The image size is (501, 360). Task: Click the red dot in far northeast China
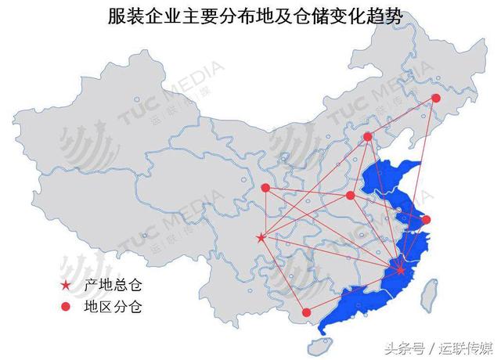pyautogui.click(x=437, y=99)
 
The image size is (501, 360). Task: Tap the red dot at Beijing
pyautogui.click(x=367, y=137)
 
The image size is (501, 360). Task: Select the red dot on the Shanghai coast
pyautogui.click(x=426, y=220)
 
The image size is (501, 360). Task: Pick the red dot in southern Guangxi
pyautogui.click(x=306, y=312)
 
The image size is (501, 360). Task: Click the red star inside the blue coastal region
pyautogui.click(x=401, y=270)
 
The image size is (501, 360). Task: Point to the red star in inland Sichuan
pyautogui.click(x=261, y=237)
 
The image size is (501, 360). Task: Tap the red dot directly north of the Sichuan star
pyautogui.click(x=265, y=188)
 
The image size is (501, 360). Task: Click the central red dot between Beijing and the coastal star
pyautogui.click(x=350, y=195)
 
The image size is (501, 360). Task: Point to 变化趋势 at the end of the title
pyautogui.click(x=360, y=17)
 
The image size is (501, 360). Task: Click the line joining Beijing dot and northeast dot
pyautogui.click(x=402, y=117)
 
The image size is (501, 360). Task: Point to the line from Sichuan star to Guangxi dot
pyautogui.click(x=283, y=274)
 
